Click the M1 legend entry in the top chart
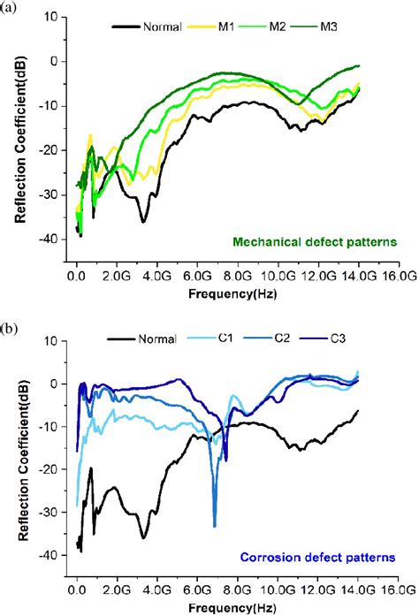pyautogui.click(x=225, y=27)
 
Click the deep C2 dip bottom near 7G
pyautogui.click(x=215, y=526)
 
